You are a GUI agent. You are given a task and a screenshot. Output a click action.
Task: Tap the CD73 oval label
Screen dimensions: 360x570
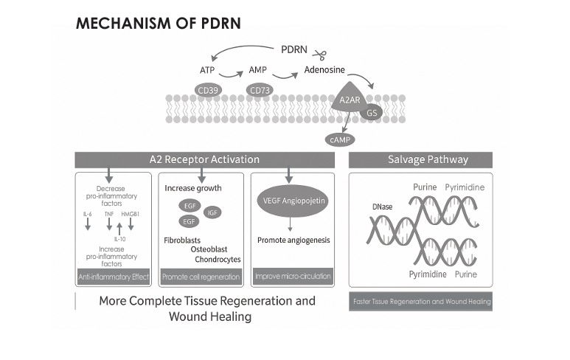click(260, 91)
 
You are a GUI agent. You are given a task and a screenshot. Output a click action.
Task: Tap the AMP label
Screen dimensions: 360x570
click(257, 70)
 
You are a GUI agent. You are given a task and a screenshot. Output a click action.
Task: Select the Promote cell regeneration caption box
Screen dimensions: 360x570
click(201, 277)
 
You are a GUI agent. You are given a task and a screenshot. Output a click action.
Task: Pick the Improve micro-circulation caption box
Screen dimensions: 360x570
click(293, 277)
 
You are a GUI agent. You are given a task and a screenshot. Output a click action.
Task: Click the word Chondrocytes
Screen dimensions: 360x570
click(218, 259)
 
